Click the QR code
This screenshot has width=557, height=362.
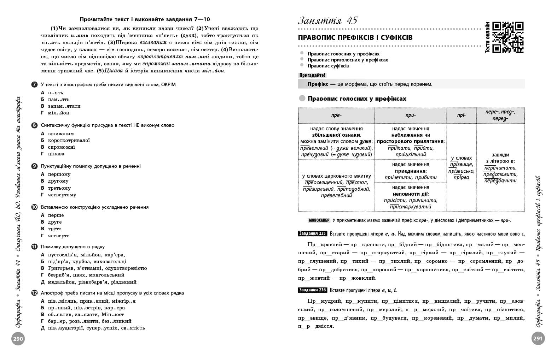click(x=507, y=37)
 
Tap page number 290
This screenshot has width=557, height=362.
click(x=18, y=339)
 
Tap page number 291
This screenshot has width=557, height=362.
click(x=538, y=339)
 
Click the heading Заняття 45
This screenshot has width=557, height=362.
click(x=328, y=20)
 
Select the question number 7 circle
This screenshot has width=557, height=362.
click(x=34, y=84)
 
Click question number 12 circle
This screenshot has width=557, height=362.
click(x=34, y=293)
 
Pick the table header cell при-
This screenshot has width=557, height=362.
click(x=410, y=115)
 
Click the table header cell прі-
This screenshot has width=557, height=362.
click(x=461, y=115)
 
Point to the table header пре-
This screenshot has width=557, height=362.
click(x=336, y=115)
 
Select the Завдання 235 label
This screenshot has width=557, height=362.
click(x=312, y=233)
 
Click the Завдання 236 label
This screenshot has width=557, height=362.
click(x=312, y=290)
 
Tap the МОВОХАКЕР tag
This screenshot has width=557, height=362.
click(x=319, y=220)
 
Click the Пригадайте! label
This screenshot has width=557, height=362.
click(x=312, y=75)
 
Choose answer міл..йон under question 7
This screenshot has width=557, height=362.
click(x=58, y=113)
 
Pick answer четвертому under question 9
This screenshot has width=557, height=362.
click(x=62, y=195)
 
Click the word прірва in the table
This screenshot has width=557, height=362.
click(x=461, y=177)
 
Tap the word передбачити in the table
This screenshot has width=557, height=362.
click(x=500, y=180)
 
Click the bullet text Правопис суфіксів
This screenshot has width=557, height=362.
click(x=328, y=66)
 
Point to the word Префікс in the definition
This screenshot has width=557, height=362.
click(x=318, y=84)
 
